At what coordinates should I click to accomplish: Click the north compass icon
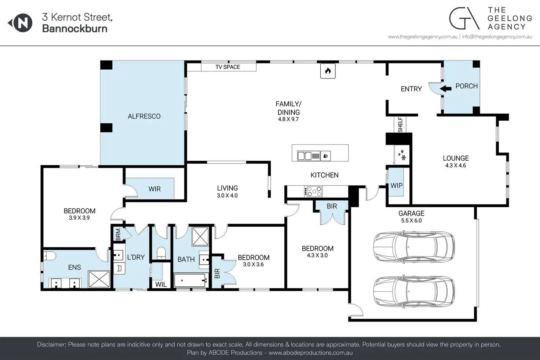point(20,23)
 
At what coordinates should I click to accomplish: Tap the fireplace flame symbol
point(328,71)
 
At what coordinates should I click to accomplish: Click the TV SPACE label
point(227,67)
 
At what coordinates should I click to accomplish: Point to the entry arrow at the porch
point(445,89)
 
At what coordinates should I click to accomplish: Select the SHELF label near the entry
point(401,125)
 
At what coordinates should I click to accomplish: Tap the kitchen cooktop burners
point(313,191)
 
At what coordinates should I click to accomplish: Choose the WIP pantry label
point(397,185)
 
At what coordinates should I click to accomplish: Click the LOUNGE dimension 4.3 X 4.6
point(456,166)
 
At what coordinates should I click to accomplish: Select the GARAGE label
point(411,213)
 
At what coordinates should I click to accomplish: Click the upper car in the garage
point(414,247)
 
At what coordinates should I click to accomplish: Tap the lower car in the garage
point(414,291)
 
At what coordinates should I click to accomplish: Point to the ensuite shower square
point(99,279)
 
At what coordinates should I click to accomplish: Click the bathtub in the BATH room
point(191,280)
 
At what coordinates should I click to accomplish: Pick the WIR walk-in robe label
point(154,189)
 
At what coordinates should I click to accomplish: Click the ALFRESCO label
point(144,116)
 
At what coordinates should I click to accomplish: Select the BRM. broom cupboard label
point(118,234)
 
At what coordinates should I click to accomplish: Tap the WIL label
point(161,284)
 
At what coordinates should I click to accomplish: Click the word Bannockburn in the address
point(75,29)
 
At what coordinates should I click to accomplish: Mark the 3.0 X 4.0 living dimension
point(227,195)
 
